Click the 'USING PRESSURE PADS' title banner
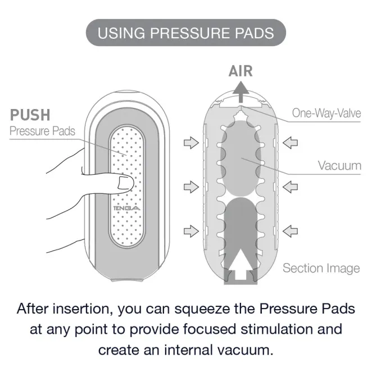pyautogui.click(x=186, y=33)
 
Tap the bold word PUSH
pyautogui.click(x=30, y=115)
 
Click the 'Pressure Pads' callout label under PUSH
pyautogui.click(x=42, y=131)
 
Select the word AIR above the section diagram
pyautogui.click(x=241, y=71)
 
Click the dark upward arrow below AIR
pyautogui.click(x=241, y=92)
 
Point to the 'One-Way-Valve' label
pyautogui.click(x=326, y=113)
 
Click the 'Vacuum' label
pyautogui.click(x=339, y=166)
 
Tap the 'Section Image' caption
pyautogui.click(x=321, y=269)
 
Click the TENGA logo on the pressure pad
pyautogui.click(x=126, y=208)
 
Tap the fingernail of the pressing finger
pyautogui.click(x=125, y=183)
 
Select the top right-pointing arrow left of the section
pyautogui.click(x=191, y=143)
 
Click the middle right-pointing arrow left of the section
pyautogui.click(x=191, y=187)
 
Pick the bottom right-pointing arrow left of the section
pyautogui.click(x=191, y=231)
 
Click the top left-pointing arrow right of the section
pyautogui.click(x=290, y=143)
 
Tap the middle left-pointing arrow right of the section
pyautogui.click(x=290, y=187)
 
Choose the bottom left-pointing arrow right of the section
pyautogui.click(x=290, y=231)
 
